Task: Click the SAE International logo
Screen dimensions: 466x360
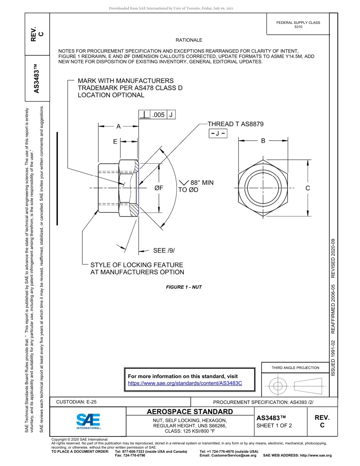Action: pyautogui.click(x=88, y=421)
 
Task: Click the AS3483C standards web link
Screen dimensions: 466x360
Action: pyautogui.click(x=185, y=383)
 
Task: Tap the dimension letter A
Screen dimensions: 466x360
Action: pyautogui.click(x=118, y=127)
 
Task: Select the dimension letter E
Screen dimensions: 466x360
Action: pyautogui.click(x=115, y=141)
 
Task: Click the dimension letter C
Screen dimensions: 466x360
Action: pyautogui.click(x=308, y=188)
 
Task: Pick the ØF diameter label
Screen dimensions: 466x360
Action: pyautogui.click(x=159, y=188)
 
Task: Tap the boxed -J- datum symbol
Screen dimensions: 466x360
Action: pyautogui.click(x=218, y=133)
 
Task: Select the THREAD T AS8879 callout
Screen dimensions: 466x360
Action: pyautogui.click(x=235, y=124)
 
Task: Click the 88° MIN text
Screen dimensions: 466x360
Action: pyautogui.click(x=202, y=183)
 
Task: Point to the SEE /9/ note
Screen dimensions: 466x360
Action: pyautogui.click(x=164, y=250)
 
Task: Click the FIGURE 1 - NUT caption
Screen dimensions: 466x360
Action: pyautogui.click(x=184, y=287)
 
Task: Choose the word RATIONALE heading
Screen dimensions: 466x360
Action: pyautogui.click(x=189, y=40)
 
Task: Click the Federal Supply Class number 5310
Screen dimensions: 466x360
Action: pyautogui.click(x=298, y=27)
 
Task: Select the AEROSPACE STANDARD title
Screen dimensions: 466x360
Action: pyautogui.click(x=190, y=412)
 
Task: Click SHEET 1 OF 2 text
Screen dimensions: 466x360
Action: pyautogui.click(x=274, y=425)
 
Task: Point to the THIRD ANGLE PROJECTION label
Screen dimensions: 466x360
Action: pyautogui.click(x=295, y=367)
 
